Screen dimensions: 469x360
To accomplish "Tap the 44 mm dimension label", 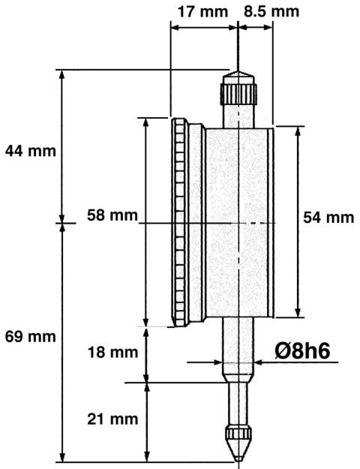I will tap(31, 150).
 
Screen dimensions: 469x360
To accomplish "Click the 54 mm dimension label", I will tap(328, 218).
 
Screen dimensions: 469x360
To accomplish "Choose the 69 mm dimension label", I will tap(31, 337).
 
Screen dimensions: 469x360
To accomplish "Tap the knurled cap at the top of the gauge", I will tap(238, 94).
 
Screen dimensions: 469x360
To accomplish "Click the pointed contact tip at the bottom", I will tap(238, 446).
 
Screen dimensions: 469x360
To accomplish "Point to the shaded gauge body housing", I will tap(238, 222).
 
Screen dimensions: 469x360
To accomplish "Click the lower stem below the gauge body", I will tap(238, 349).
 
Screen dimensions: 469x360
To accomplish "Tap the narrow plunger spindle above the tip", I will tap(238, 405).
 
